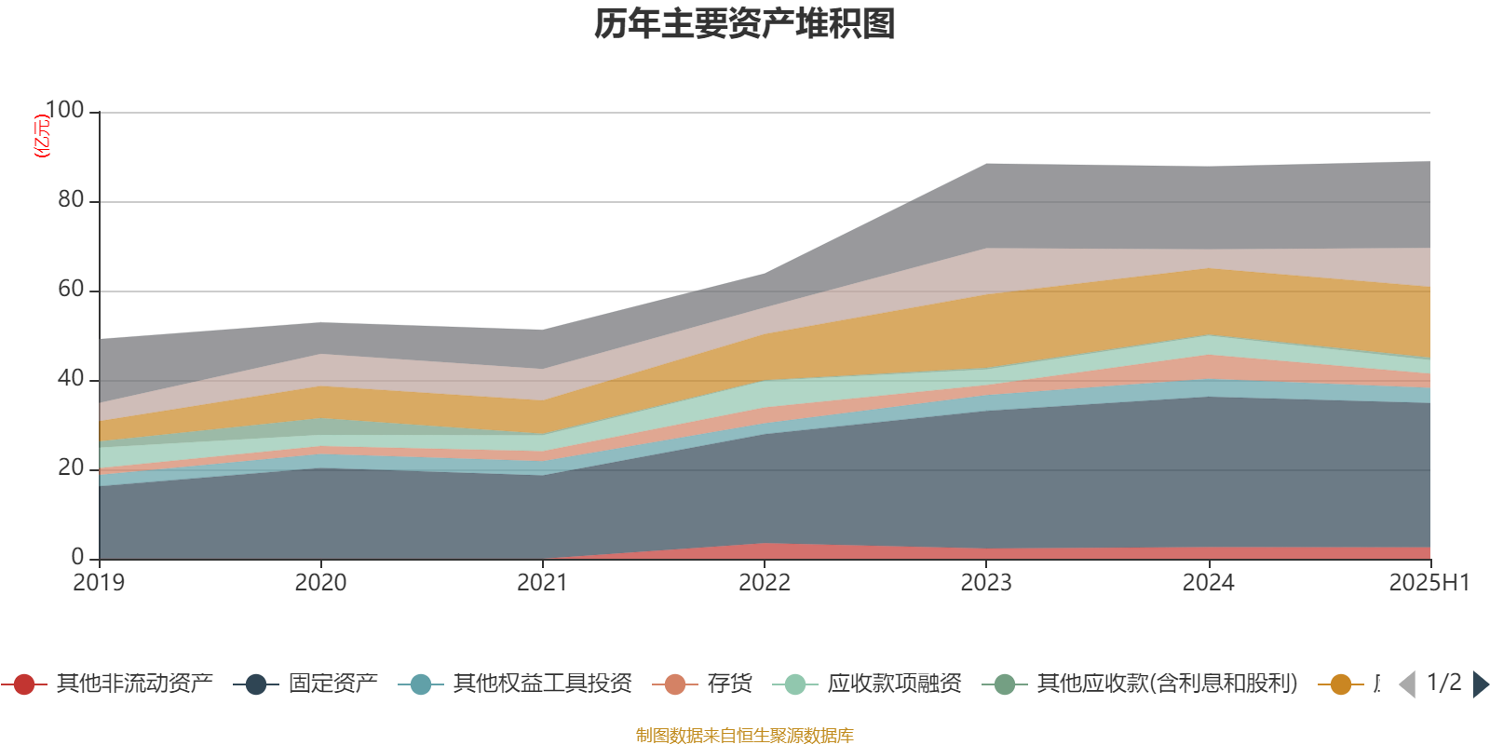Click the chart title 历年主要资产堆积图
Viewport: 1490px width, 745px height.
pos(745,24)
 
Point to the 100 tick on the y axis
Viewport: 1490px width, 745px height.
pos(64,111)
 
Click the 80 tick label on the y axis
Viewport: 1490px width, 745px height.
pos(71,200)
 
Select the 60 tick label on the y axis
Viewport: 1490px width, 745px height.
pos(71,290)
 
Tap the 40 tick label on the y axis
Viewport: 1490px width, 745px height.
pos(71,379)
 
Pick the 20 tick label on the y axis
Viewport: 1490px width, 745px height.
pos(71,468)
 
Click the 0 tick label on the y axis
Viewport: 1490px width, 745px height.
pos(77,558)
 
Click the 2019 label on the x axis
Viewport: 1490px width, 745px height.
pos(100,583)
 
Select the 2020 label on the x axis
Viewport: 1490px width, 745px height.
pos(320,583)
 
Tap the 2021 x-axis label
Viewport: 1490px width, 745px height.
pos(542,583)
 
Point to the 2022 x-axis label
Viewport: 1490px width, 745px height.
pos(765,583)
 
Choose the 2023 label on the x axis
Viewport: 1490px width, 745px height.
pos(986,583)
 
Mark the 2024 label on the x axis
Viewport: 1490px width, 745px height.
pos(1208,583)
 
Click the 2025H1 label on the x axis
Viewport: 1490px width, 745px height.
pos(1429,583)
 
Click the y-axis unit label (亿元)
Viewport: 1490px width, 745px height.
pos(42,136)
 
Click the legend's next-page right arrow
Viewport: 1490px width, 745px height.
pos(1480,684)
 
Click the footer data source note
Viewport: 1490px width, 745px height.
pos(745,736)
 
